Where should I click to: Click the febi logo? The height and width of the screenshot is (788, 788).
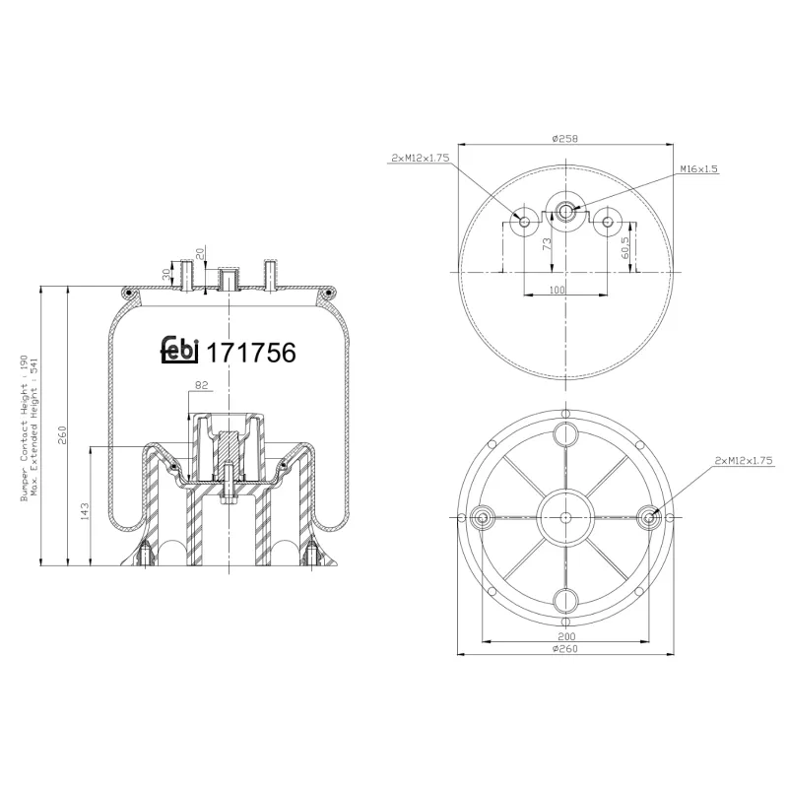tap(179, 352)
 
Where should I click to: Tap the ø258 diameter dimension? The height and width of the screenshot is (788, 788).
tap(564, 138)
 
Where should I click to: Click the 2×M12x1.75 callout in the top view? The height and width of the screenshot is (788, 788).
tap(422, 158)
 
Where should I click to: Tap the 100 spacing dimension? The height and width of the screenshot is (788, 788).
tap(558, 290)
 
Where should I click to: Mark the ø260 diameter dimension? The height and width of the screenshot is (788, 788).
tap(564, 650)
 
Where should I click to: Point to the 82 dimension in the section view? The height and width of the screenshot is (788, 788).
tap(203, 385)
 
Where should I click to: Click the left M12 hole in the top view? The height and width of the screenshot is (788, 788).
tap(524, 221)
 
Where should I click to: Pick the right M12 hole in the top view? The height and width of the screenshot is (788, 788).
tap(609, 221)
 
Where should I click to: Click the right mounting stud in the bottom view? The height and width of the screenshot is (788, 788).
tap(649, 517)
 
